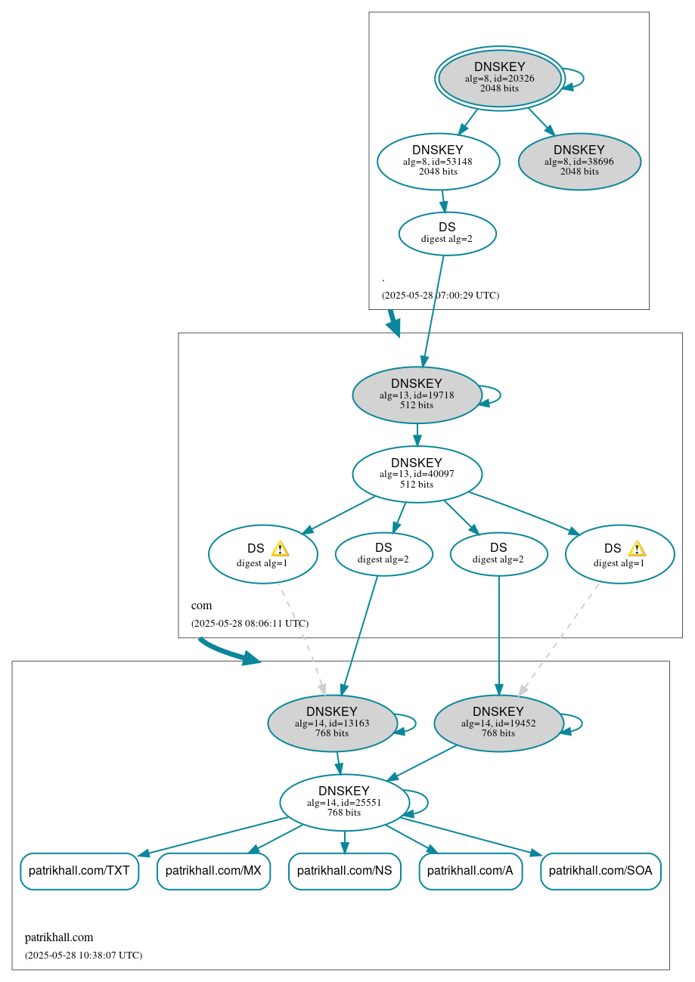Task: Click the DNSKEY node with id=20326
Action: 499,78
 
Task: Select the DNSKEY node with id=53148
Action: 438,161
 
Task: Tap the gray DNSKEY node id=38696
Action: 579,161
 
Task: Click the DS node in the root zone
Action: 447,234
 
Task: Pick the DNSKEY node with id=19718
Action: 417,395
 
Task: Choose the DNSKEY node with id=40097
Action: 417,474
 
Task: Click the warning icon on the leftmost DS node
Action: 280,549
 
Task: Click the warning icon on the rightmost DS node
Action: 637,549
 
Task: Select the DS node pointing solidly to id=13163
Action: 383,554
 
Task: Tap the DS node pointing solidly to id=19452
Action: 498,554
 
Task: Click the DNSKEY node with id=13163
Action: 332,723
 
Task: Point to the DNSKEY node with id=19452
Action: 498,723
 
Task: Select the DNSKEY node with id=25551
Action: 344,802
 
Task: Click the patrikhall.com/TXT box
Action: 79,871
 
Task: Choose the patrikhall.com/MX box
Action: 213,871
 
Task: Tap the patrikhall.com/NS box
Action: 344,871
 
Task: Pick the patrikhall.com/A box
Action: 470,871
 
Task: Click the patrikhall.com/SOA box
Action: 600,871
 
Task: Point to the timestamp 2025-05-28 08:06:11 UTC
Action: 250,624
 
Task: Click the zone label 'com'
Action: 201,606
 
